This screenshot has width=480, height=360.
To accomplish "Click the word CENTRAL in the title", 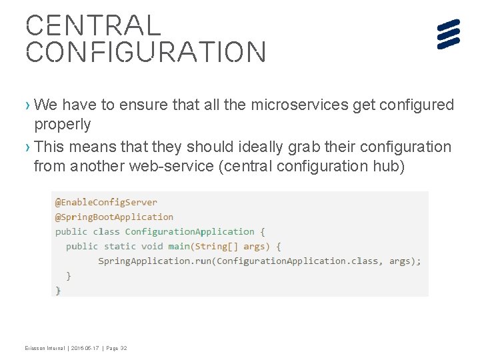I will pyautogui.click(x=93, y=25).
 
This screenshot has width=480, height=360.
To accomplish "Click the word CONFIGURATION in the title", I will pyautogui.click(x=145, y=52).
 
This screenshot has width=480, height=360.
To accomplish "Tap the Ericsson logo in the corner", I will pyautogui.click(x=449, y=34).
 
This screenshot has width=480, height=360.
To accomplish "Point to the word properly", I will pyautogui.click(x=62, y=125).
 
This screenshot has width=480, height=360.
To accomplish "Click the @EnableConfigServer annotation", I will pyautogui.click(x=106, y=202).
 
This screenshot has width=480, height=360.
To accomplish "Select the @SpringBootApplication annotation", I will pyautogui.click(x=114, y=217).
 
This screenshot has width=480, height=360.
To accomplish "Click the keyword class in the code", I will pyautogui.click(x=107, y=231).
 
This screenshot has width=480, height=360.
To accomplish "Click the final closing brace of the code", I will pyautogui.click(x=58, y=289).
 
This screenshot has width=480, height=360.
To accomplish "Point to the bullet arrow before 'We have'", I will pyautogui.click(x=28, y=105).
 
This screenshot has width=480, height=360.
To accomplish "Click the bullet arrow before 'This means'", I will pyautogui.click(x=28, y=147).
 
